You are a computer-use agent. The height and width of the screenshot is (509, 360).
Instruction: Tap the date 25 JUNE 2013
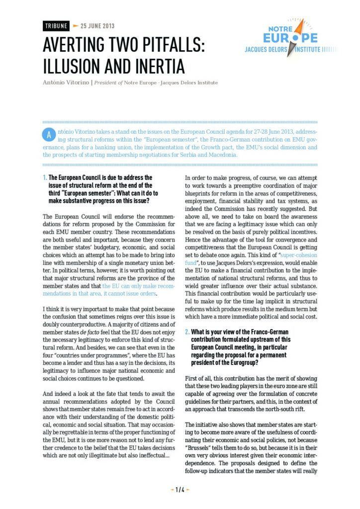coord(97,26)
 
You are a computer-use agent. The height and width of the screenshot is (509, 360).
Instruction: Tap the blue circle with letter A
coord(48,135)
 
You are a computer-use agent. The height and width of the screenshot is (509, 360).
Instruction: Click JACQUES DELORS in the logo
coord(268,50)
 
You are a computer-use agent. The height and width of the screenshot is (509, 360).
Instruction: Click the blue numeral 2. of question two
coord(187,332)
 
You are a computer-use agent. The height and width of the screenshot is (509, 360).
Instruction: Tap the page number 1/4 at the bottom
coord(180,490)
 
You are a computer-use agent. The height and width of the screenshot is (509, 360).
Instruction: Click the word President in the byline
coord(108,83)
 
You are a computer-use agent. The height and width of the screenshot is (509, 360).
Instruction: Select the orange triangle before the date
coord(75,26)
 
